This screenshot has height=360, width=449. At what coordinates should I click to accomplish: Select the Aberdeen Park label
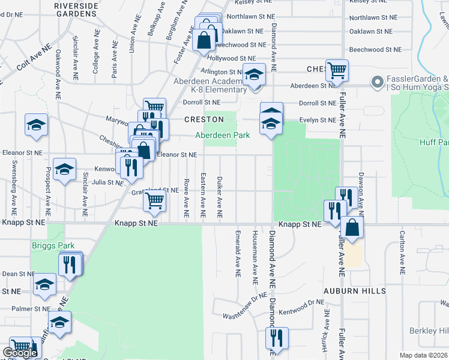pos(222,136)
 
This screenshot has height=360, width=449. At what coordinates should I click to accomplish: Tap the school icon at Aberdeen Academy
pos(254,75)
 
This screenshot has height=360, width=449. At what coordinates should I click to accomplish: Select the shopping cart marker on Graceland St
pos(154,202)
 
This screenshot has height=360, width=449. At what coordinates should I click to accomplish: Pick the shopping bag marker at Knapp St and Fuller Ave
pos(352,228)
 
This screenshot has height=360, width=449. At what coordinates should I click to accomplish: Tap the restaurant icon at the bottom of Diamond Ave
pos(277,338)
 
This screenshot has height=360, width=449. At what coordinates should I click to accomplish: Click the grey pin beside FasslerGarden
pos(378,82)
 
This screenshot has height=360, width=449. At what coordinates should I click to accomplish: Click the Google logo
pos(20,353)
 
